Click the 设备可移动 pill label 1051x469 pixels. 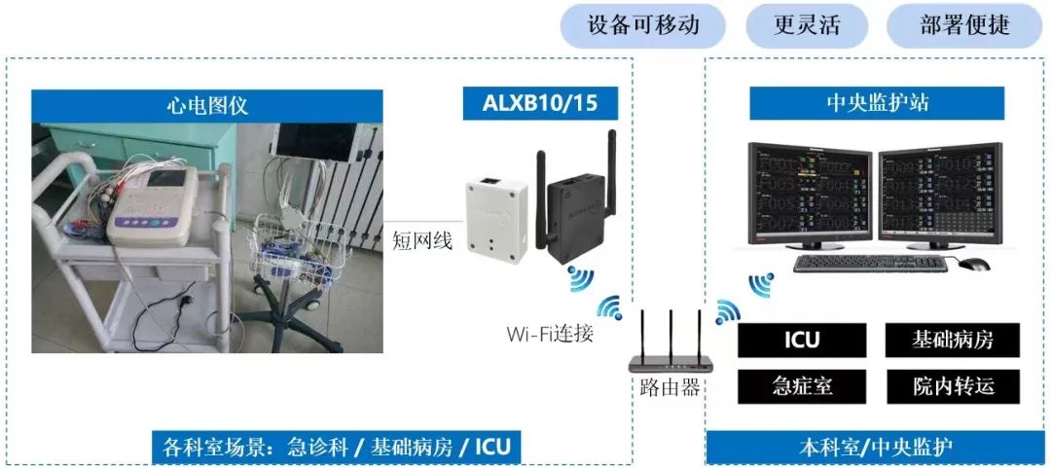point(643,25)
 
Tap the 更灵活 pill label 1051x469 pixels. point(807,25)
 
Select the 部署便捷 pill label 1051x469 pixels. point(964,25)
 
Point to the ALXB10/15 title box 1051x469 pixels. point(539,103)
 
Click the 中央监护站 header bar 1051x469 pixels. point(877,103)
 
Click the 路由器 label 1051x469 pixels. point(670,387)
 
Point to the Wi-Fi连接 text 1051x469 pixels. point(550,334)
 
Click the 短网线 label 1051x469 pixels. point(422,239)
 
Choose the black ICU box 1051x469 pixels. point(802,341)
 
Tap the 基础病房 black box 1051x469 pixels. point(953,341)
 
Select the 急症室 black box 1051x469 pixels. point(802,385)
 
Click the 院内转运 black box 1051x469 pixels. point(953,385)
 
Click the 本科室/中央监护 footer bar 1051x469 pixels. point(877,448)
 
